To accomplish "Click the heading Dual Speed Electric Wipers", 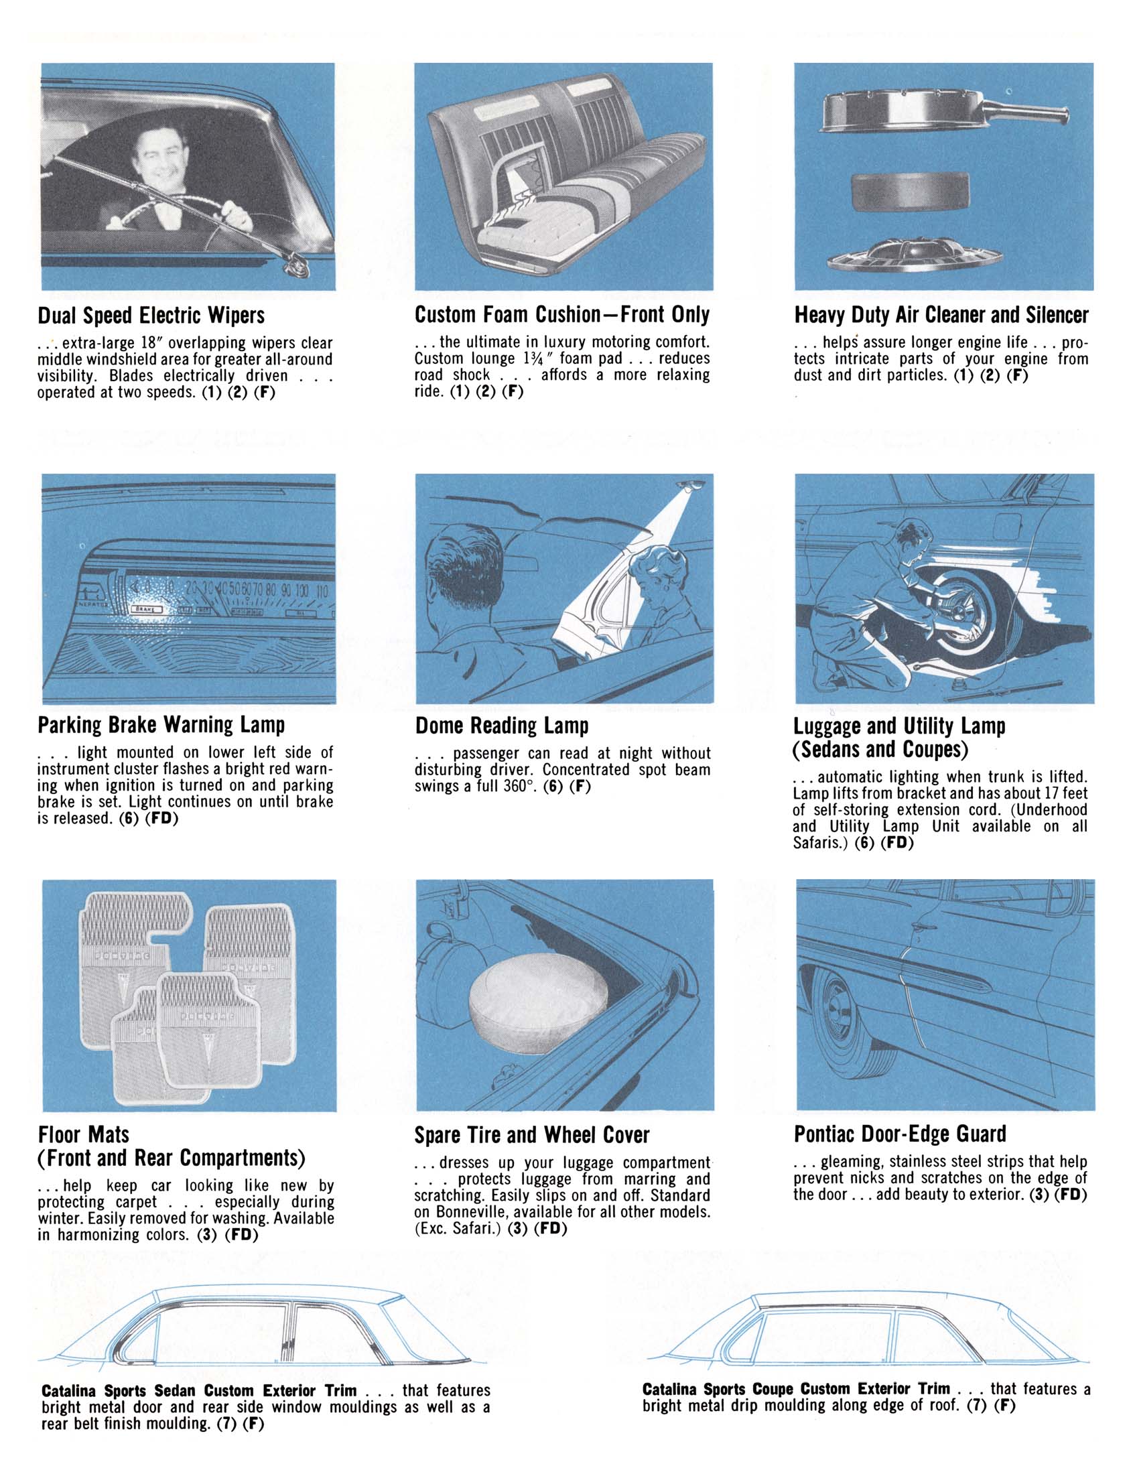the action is (x=151, y=316).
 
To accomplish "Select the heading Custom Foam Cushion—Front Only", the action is (x=561, y=314).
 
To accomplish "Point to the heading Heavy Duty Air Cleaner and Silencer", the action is (x=941, y=315).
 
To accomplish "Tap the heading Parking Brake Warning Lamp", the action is (x=161, y=725).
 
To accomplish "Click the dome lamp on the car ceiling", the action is (x=691, y=485).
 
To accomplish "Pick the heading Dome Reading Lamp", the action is (x=501, y=726).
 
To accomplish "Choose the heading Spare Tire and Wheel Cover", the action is (x=531, y=1135).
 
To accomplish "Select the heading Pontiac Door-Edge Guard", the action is (x=900, y=1134).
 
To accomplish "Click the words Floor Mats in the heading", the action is (x=84, y=1134).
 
